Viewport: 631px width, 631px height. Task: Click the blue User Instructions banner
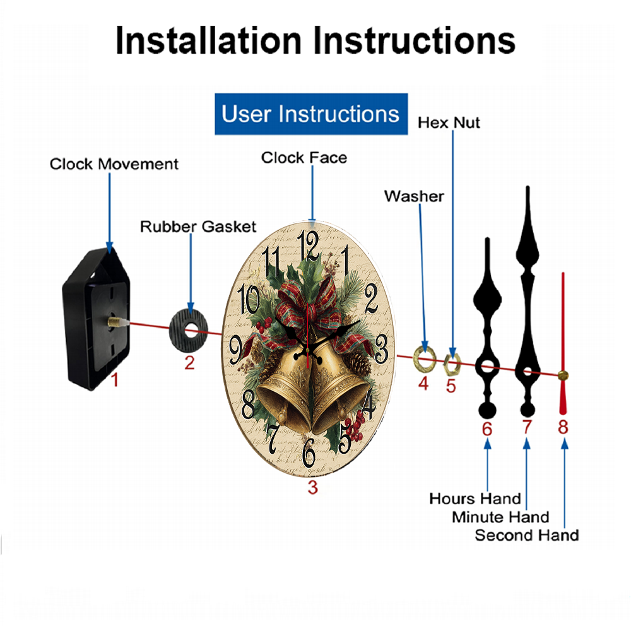pyautogui.click(x=311, y=114)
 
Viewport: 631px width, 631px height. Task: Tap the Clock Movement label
pyautogui.click(x=114, y=164)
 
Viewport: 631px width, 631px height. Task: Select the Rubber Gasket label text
pyautogui.click(x=198, y=227)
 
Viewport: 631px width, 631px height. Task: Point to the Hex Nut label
pyautogui.click(x=449, y=123)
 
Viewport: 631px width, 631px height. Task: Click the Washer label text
pyautogui.click(x=414, y=196)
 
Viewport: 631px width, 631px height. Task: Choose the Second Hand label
pyautogui.click(x=527, y=535)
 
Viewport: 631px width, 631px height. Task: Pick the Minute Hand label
pyautogui.click(x=500, y=517)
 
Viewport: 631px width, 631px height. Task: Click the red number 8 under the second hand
pyautogui.click(x=563, y=427)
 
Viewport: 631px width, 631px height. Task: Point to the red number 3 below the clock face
pyautogui.click(x=313, y=487)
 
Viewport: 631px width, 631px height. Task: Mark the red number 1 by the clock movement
pyautogui.click(x=115, y=380)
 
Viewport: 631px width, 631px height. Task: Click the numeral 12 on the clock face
pyautogui.click(x=309, y=246)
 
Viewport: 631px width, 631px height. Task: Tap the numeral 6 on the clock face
pyautogui.click(x=309, y=452)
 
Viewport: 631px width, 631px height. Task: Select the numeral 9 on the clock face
pyautogui.click(x=236, y=350)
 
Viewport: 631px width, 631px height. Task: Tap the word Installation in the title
pyautogui.click(x=208, y=40)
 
